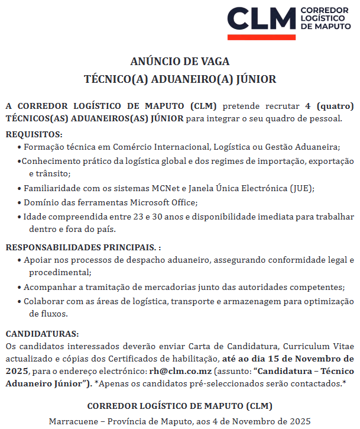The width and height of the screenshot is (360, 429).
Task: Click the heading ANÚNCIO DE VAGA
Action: click(x=180, y=61)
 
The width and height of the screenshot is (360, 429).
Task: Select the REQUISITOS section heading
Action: click(x=34, y=134)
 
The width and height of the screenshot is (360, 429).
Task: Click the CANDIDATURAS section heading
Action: click(x=42, y=334)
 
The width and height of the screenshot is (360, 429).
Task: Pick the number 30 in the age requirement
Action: click(x=157, y=217)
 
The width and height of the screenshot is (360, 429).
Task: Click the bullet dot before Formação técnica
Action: click(x=20, y=146)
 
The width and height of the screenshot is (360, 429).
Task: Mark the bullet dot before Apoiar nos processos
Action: click(x=20, y=260)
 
